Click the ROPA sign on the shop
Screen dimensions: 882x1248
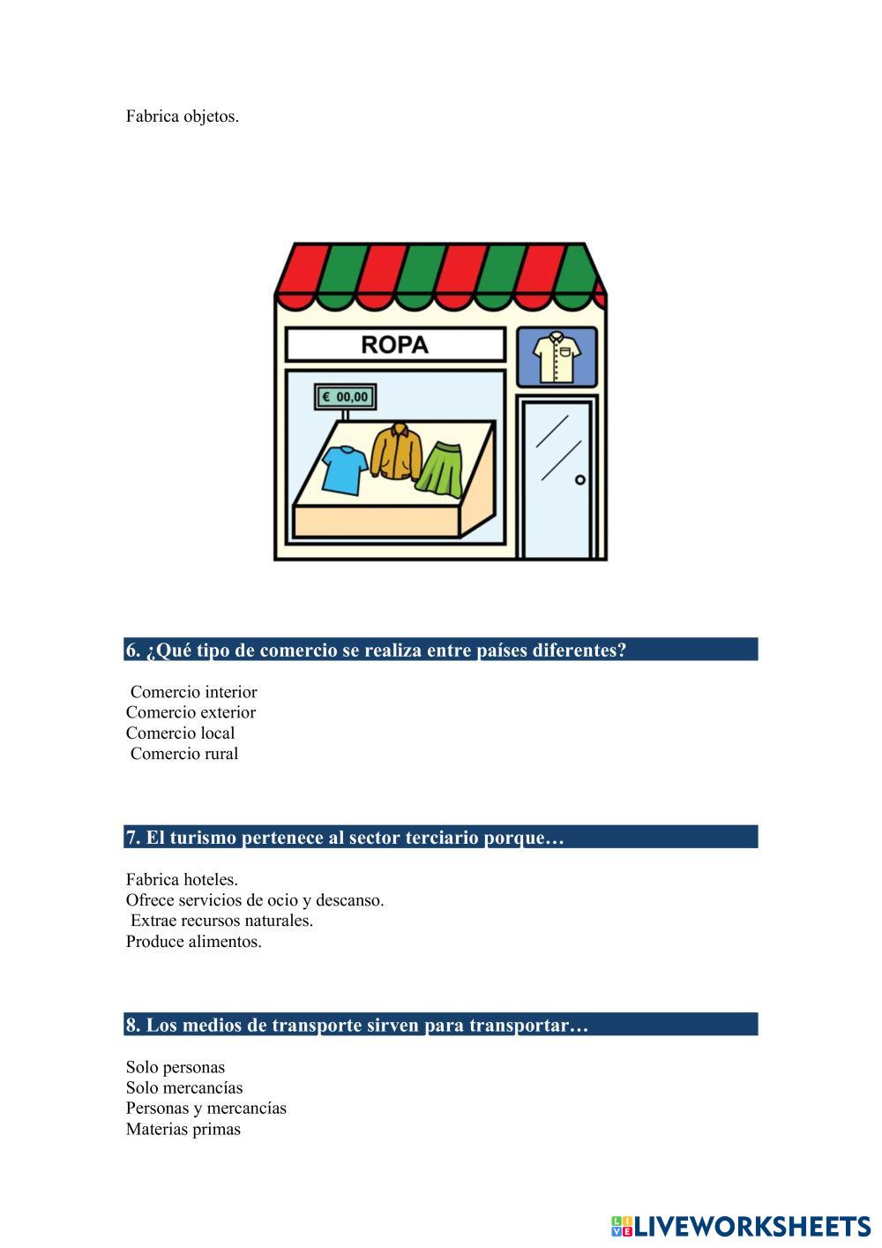pyautogui.click(x=395, y=344)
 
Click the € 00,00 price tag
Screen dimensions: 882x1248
pyautogui.click(x=346, y=397)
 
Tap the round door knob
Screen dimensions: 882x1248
pyautogui.click(x=579, y=480)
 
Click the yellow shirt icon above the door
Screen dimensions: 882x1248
pyautogui.click(x=557, y=357)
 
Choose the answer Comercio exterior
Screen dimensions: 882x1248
pyautogui.click(x=191, y=712)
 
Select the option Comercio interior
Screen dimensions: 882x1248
pyautogui.click(x=193, y=692)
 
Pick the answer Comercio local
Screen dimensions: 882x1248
pyautogui.click(x=180, y=733)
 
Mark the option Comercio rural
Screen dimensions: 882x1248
pyautogui.click(x=184, y=754)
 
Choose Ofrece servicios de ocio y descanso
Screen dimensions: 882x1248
pyautogui.click(x=255, y=900)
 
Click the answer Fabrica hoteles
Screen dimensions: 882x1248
pyautogui.click(x=182, y=880)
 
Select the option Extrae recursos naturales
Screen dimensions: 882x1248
pyautogui.click(x=221, y=921)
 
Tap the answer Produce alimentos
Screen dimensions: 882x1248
pyautogui.click(x=193, y=942)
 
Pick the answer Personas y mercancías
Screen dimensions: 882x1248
pyautogui.click(x=206, y=1109)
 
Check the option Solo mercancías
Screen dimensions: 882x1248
pyautogui.click(x=183, y=1088)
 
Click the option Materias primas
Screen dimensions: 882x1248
pyautogui.click(x=183, y=1130)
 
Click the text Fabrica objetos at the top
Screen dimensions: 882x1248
pyautogui.click(x=182, y=117)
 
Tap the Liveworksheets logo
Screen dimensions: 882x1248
pyautogui.click(x=741, y=1226)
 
